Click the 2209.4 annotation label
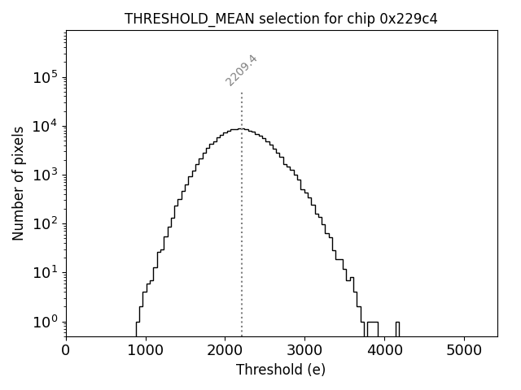[x=242, y=70]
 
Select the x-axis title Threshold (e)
[x=281, y=370]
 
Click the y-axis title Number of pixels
[x=18, y=183]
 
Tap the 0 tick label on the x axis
[x=66, y=350]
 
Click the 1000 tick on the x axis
[x=146, y=350]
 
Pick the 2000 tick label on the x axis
[x=225, y=350]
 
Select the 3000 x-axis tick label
[x=304, y=350]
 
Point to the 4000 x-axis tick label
[x=384, y=350]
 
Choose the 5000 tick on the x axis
[x=464, y=350]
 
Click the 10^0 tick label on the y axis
[x=46, y=322]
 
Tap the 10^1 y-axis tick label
[x=46, y=273]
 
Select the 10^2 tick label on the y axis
[x=46, y=224]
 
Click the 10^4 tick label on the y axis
[x=46, y=126]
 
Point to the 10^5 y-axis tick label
[x=46, y=77]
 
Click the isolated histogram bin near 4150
[x=397, y=328]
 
